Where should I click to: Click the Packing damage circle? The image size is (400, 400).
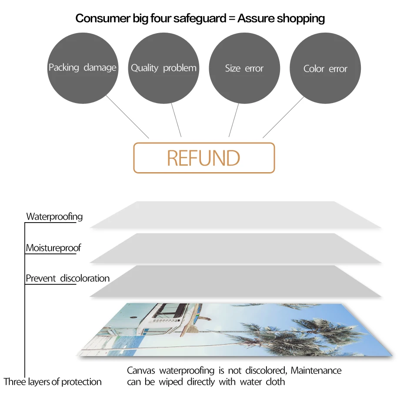coord(83,68)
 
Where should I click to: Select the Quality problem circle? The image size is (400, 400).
coord(163,68)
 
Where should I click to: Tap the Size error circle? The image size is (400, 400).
coord(244,68)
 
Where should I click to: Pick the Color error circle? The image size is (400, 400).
coord(325,69)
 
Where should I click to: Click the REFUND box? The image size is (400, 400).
coord(204,158)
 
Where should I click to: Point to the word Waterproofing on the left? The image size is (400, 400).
coord(54,217)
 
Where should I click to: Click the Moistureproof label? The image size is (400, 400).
coord(53,248)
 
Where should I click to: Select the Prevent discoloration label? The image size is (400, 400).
coord(67,278)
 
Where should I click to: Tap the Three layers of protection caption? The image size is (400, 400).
coord(53,382)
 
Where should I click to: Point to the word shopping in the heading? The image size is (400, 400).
coord(301,18)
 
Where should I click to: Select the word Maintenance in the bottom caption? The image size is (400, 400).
coord(316,370)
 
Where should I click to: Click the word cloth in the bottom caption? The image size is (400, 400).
coord(275,382)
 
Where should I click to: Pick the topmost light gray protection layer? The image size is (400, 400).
coord(235,215)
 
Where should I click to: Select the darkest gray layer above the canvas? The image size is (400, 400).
coord(235,281)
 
